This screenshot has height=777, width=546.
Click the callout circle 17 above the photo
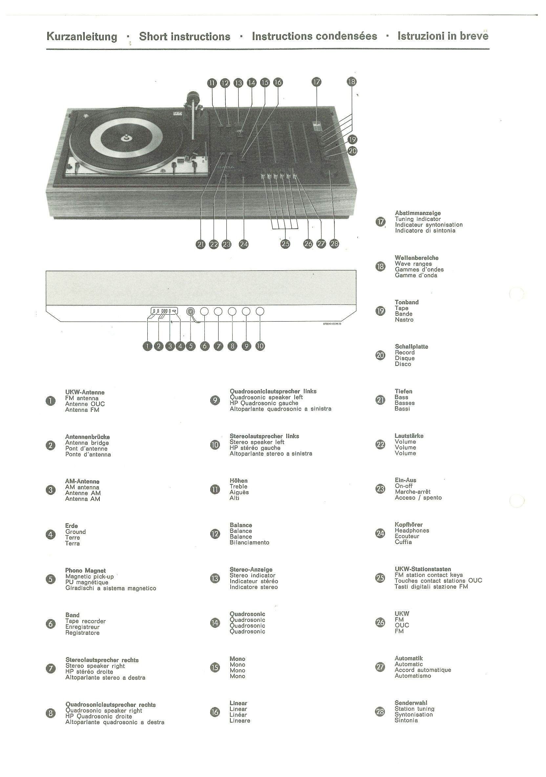tap(317, 82)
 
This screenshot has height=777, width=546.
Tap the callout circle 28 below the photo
tap(334, 244)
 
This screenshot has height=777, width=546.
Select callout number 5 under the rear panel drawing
tap(191, 346)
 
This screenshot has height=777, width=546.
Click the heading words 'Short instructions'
tap(184, 36)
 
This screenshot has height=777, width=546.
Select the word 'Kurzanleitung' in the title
tap(82, 36)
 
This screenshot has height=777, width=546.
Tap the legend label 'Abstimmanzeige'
tap(418, 213)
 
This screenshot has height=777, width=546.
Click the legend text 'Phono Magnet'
tap(85, 571)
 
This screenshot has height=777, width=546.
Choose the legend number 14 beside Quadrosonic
tap(215, 623)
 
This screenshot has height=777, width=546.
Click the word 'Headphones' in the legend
tap(411, 530)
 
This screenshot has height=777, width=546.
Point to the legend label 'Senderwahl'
tap(410, 703)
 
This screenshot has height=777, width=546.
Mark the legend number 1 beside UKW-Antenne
tap(51, 401)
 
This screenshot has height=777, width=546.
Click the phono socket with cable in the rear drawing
tap(191, 312)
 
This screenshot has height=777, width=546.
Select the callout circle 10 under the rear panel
tap(260, 346)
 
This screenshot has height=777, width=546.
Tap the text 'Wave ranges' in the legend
tap(413, 263)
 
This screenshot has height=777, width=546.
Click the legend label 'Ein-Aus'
tap(405, 480)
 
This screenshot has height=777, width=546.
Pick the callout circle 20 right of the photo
tap(353, 151)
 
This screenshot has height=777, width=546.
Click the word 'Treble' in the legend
tap(238, 486)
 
